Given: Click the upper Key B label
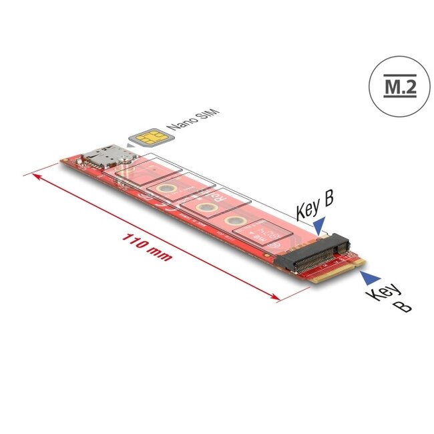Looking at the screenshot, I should (314, 206).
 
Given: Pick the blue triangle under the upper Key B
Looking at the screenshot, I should (321, 224).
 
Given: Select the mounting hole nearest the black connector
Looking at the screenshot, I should (234, 222).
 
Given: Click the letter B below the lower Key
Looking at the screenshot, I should (403, 305).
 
